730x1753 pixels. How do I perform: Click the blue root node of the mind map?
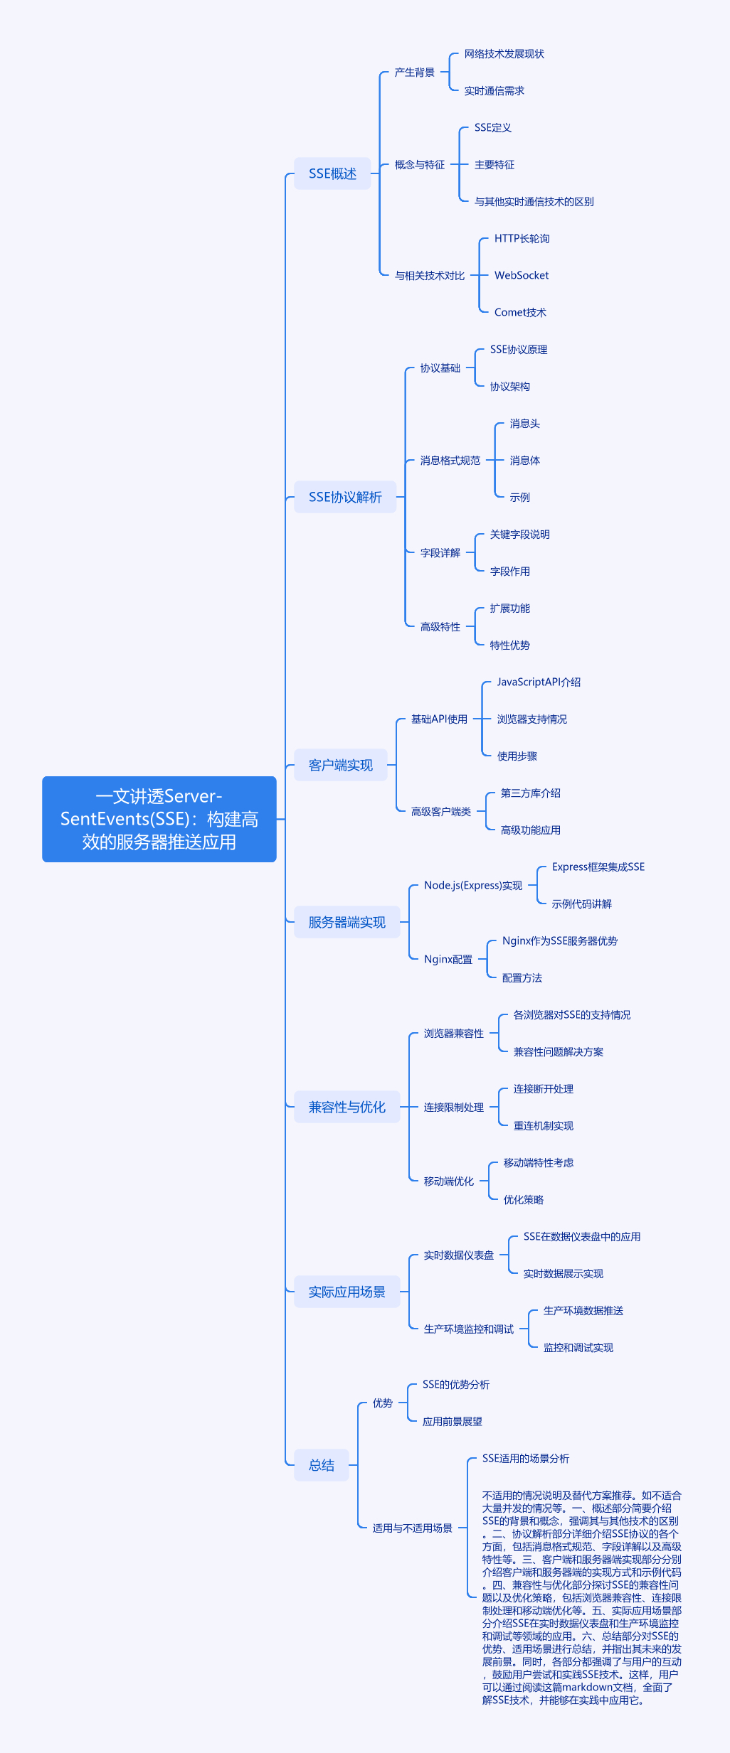tap(159, 819)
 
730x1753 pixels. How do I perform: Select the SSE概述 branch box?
tap(332, 173)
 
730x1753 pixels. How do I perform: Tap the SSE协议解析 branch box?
tap(345, 497)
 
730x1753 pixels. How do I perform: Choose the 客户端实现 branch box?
tap(341, 765)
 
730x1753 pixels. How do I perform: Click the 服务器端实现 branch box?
tap(347, 922)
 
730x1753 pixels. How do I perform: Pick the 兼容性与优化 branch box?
tap(347, 1107)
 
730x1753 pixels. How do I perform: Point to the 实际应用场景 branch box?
tap(347, 1292)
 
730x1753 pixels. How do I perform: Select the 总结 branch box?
tap(322, 1465)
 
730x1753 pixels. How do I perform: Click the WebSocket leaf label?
tap(522, 275)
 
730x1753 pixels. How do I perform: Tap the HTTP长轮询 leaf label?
tap(522, 238)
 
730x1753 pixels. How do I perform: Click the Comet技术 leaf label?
tap(520, 312)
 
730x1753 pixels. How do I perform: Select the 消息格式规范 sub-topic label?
tap(450, 460)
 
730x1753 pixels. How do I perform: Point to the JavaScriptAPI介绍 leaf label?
tap(539, 682)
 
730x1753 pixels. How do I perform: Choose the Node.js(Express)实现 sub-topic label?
tap(473, 885)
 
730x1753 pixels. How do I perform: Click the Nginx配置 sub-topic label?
tap(448, 959)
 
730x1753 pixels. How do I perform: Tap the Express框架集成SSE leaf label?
tap(598, 867)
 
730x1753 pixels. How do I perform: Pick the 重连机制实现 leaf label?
tap(544, 1125)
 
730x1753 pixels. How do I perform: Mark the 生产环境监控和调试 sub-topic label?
tap(469, 1329)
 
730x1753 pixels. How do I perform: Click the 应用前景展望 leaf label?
tap(453, 1421)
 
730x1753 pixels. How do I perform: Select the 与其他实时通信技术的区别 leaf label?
tap(534, 201)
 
